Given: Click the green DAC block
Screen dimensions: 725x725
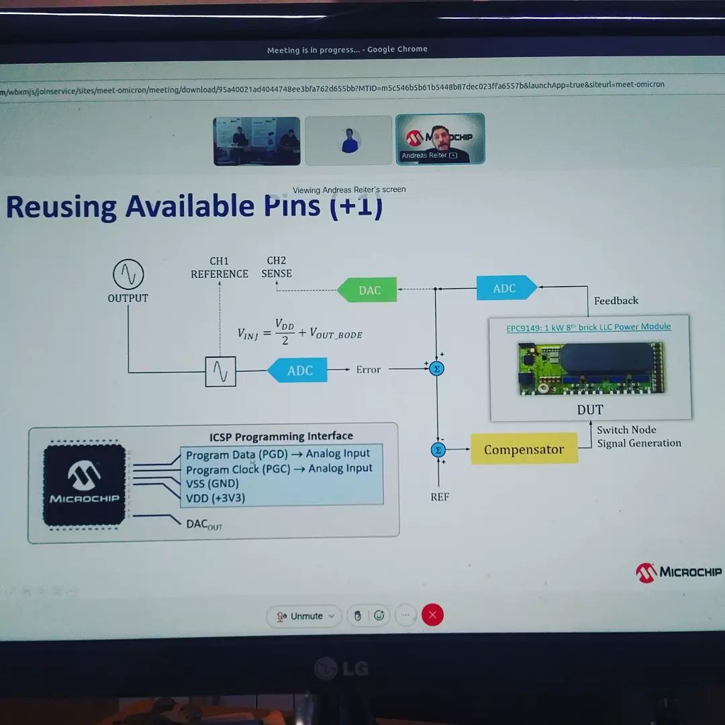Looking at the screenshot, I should point(367,290).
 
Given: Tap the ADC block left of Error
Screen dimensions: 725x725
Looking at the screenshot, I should point(298,371).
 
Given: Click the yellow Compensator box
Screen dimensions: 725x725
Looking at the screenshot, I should point(524,449).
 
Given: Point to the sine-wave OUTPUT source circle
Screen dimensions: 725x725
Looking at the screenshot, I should point(128,275).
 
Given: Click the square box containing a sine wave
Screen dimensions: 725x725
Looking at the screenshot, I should point(220,371).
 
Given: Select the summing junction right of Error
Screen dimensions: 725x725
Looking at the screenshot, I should point(437,369).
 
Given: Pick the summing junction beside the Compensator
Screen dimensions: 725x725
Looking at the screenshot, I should point(438,450).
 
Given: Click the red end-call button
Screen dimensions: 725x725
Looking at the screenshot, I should point(432,615).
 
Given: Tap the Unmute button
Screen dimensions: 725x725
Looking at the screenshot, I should point(304,616).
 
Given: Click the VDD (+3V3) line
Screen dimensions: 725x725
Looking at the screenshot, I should point(215,497).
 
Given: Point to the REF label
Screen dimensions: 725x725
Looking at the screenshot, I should point(440,497).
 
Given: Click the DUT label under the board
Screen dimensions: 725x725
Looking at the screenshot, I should point(590,409).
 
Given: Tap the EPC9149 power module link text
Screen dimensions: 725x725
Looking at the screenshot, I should point(588,327).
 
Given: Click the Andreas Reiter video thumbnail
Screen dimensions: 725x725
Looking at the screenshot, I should point(440,139).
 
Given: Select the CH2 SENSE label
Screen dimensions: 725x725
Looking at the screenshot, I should point(277,267).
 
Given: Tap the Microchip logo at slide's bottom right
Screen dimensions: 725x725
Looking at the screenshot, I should point(679,572).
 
